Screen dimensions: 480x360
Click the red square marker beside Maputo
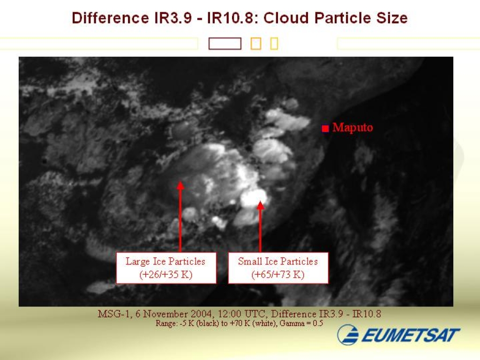point(325,128)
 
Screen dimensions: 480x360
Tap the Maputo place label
point(352,127)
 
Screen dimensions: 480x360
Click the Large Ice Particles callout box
point(166,268)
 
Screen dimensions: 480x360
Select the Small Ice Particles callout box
point(278,268)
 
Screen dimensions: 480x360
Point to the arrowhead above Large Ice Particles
point(180,186)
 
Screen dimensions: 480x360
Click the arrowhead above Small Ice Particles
point(260,205)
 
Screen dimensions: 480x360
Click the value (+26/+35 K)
point(166,274)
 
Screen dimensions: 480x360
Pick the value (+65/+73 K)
point(278,274)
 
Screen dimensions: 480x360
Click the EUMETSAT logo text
point(411,335)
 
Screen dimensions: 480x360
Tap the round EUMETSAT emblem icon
point(348,335)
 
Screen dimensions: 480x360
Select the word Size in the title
point(392,18)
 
